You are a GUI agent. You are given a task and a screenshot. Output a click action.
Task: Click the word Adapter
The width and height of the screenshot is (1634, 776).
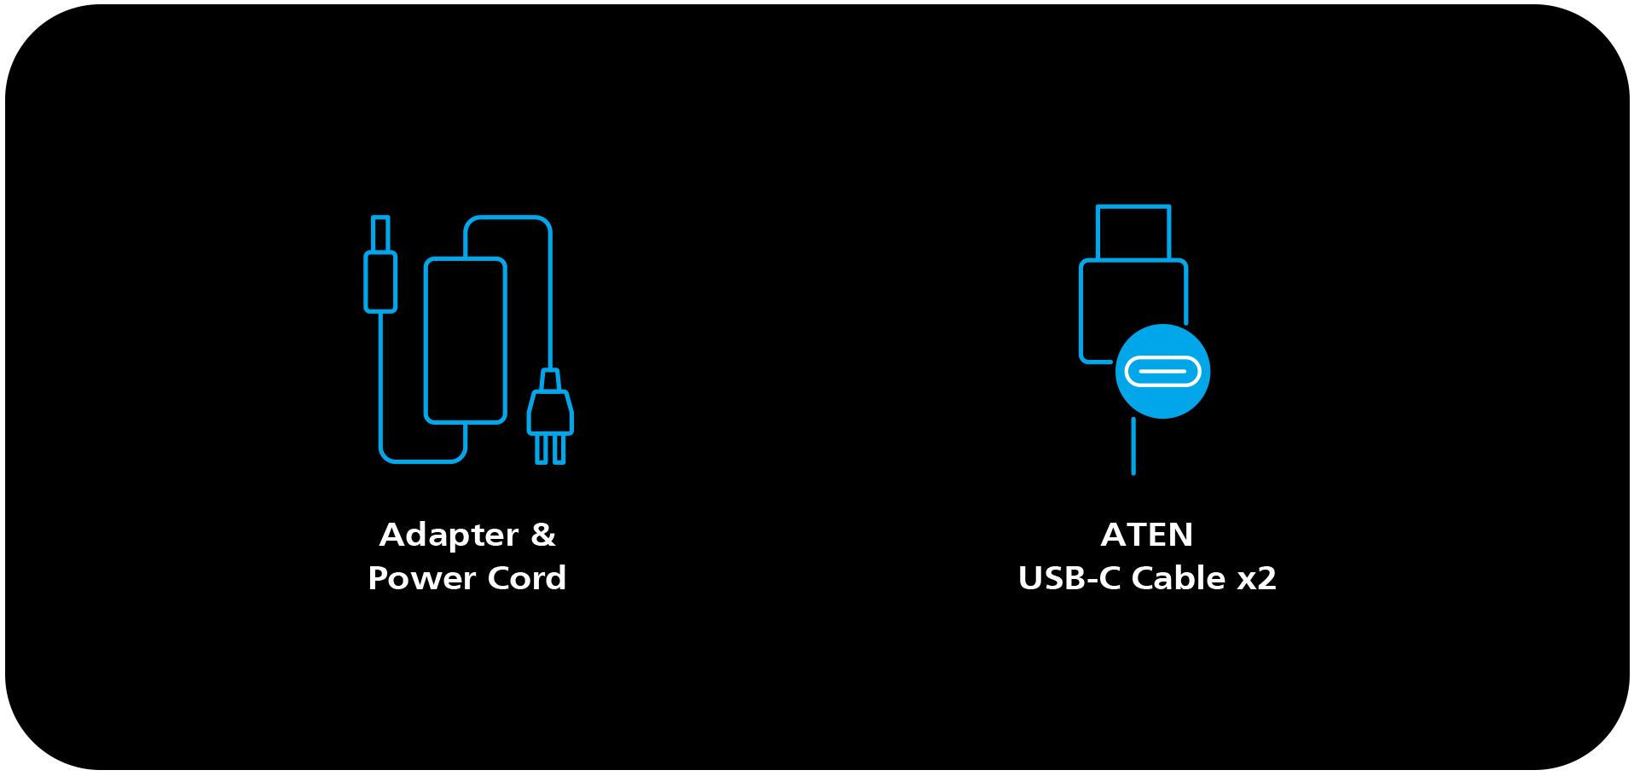click(449, 536)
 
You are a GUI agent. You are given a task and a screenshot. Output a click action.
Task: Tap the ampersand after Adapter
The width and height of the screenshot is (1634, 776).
click(543, 535)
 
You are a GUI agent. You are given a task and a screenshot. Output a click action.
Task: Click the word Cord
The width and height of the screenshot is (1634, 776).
click(527, 578)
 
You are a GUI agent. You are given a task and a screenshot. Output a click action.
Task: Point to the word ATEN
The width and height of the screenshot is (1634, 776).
click(1146, 535)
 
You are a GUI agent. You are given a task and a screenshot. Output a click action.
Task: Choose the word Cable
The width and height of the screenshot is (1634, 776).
click(1179, 578)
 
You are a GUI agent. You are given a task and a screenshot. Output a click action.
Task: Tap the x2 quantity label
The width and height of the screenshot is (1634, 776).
click(1256, 578)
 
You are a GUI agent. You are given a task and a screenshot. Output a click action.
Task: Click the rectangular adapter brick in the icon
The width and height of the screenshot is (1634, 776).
click(466, 340)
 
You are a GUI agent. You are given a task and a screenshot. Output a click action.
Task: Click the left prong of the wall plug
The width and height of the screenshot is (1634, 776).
click(541, 449)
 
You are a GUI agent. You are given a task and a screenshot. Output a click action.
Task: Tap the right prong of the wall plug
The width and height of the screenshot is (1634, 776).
click(559, 449)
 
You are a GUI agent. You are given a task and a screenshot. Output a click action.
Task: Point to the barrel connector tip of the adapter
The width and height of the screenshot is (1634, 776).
click(380, 234)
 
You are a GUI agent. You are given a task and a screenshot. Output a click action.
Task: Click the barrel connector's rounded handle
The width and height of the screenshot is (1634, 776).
click(380, 281)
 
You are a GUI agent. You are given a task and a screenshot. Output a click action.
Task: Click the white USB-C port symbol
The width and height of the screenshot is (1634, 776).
click(1162, 372)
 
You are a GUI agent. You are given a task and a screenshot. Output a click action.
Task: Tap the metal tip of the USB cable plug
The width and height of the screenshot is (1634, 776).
click(1133, 232)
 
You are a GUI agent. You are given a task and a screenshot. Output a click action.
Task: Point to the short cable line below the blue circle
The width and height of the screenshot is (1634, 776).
click(1133, 446)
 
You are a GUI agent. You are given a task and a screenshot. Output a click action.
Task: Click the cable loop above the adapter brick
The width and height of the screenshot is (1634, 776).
click(508, 219)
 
